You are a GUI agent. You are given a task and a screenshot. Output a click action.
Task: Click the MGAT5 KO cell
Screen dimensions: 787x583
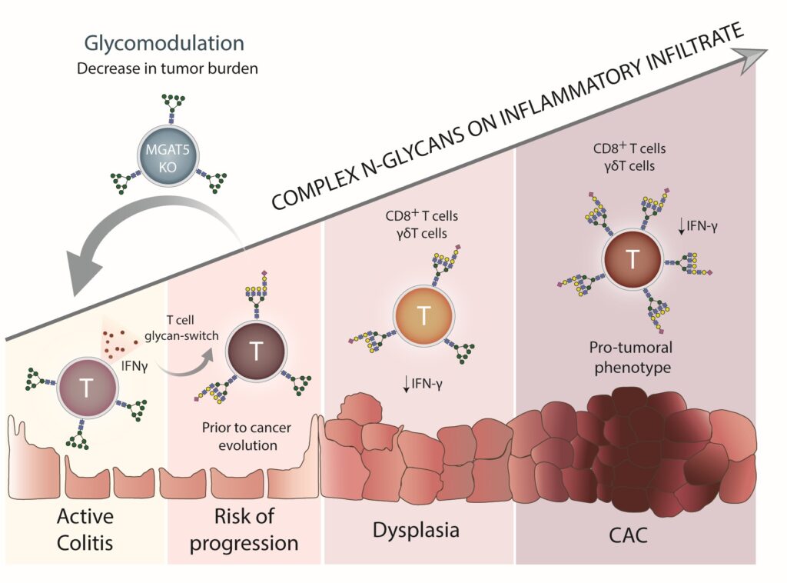(168, 158)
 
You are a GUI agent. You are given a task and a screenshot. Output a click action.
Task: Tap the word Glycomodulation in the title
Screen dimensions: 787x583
(164, 43)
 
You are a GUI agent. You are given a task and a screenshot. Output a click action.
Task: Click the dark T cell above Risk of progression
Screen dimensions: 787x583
(256, 351)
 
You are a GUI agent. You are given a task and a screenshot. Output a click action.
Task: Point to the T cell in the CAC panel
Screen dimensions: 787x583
(633, 258)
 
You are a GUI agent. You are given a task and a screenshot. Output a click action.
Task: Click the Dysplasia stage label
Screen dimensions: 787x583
(416, 530)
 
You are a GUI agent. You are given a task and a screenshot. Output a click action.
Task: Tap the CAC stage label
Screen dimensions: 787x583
(628, 535)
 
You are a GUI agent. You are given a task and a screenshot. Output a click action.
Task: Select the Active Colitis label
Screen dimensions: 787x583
(85, 529)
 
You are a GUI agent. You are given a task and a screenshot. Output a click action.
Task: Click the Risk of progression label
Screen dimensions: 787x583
(244, 530)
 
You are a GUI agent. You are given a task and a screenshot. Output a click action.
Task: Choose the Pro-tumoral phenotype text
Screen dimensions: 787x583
(632, 357)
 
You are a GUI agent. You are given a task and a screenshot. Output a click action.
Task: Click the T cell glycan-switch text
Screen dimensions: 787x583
(181, 328)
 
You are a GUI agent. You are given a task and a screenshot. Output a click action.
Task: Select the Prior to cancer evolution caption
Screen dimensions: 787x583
(247, 436)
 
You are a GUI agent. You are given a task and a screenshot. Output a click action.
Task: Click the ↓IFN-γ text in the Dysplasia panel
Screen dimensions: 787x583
(423, 384)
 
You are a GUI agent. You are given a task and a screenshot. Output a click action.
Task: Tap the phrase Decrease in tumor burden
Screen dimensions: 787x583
(167, 68)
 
